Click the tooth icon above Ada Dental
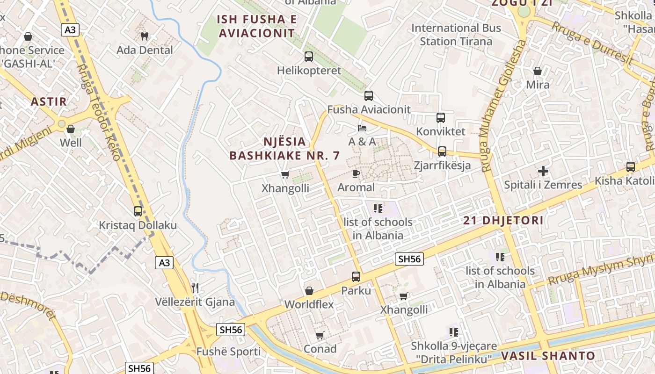pos(145,36)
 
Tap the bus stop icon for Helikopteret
pos(309,57)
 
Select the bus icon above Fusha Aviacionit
pos(369,96)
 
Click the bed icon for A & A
pos(362,128)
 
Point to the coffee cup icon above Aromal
pos(356,174)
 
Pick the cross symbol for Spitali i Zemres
pos(543,171)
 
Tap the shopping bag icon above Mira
pos(538,71)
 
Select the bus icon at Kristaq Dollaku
pos(138,211)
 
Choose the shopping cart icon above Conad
pos(320,335)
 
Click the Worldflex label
pos(309,304)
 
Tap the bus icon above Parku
pos(356,277)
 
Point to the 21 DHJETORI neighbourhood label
pos(503,221)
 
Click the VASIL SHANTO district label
pos(548,356)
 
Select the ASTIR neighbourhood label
pos(49,101)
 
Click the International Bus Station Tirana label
pos(456,35)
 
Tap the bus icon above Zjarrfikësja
pos(442,151)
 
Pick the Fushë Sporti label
pos(228,352)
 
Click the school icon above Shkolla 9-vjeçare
pos(453,332)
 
